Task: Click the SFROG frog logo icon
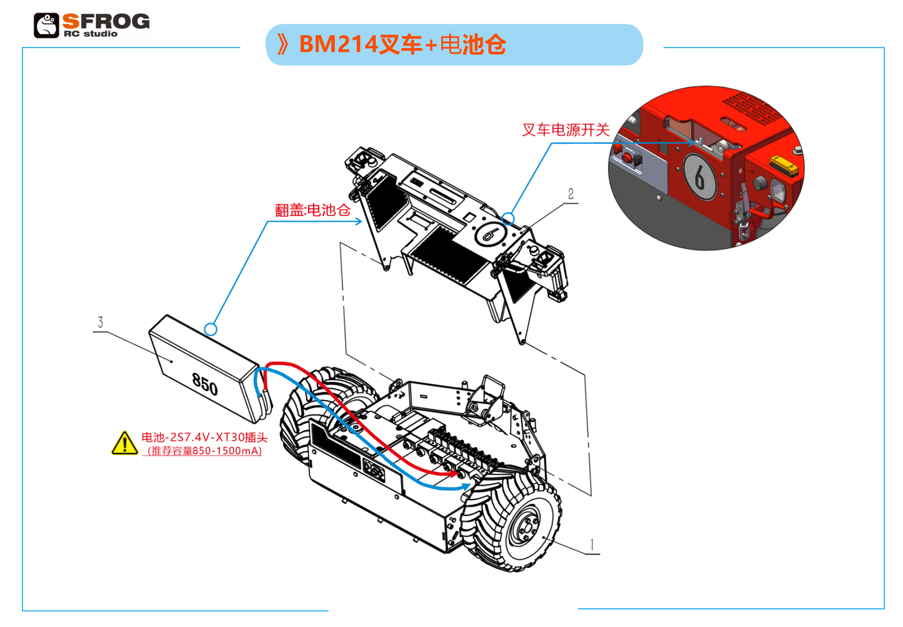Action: point(46,25)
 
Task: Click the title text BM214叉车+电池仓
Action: point(402,44)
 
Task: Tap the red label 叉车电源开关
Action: point(565,130)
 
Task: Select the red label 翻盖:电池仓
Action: point(312,210)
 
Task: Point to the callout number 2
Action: point(571,194)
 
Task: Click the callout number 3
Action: point(101,322)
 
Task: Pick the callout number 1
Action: point(592,544)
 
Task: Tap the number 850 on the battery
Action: point(205,384)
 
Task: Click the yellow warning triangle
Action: point(124,443)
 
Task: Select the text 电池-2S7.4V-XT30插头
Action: point(204,438)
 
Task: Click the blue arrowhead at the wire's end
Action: point(466,487)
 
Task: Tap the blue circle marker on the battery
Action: point(211,329)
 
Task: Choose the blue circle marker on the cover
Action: point(508,219)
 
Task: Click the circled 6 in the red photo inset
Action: point(700,177)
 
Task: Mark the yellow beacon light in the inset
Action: point(784,166)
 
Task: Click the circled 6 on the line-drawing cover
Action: point(490,233)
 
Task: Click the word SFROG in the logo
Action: point(106,21)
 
